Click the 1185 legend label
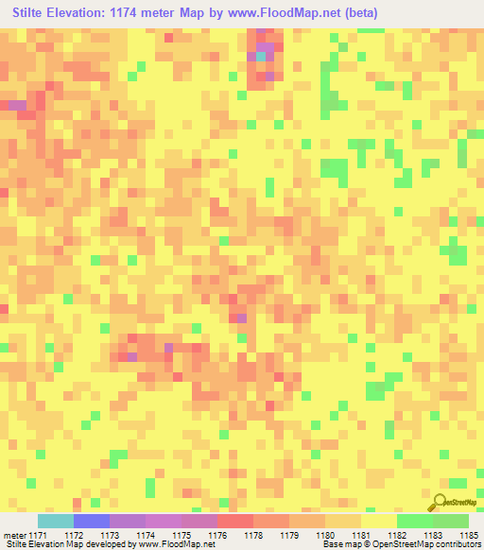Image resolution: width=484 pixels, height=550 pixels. coord(467,535)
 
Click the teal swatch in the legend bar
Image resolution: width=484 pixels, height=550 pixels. coord(56,521)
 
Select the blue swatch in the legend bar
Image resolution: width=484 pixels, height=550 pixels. coord(92,521)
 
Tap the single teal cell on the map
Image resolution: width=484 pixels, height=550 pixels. coord(262,57)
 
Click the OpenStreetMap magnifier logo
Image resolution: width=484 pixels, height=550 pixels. coord(438,503)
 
